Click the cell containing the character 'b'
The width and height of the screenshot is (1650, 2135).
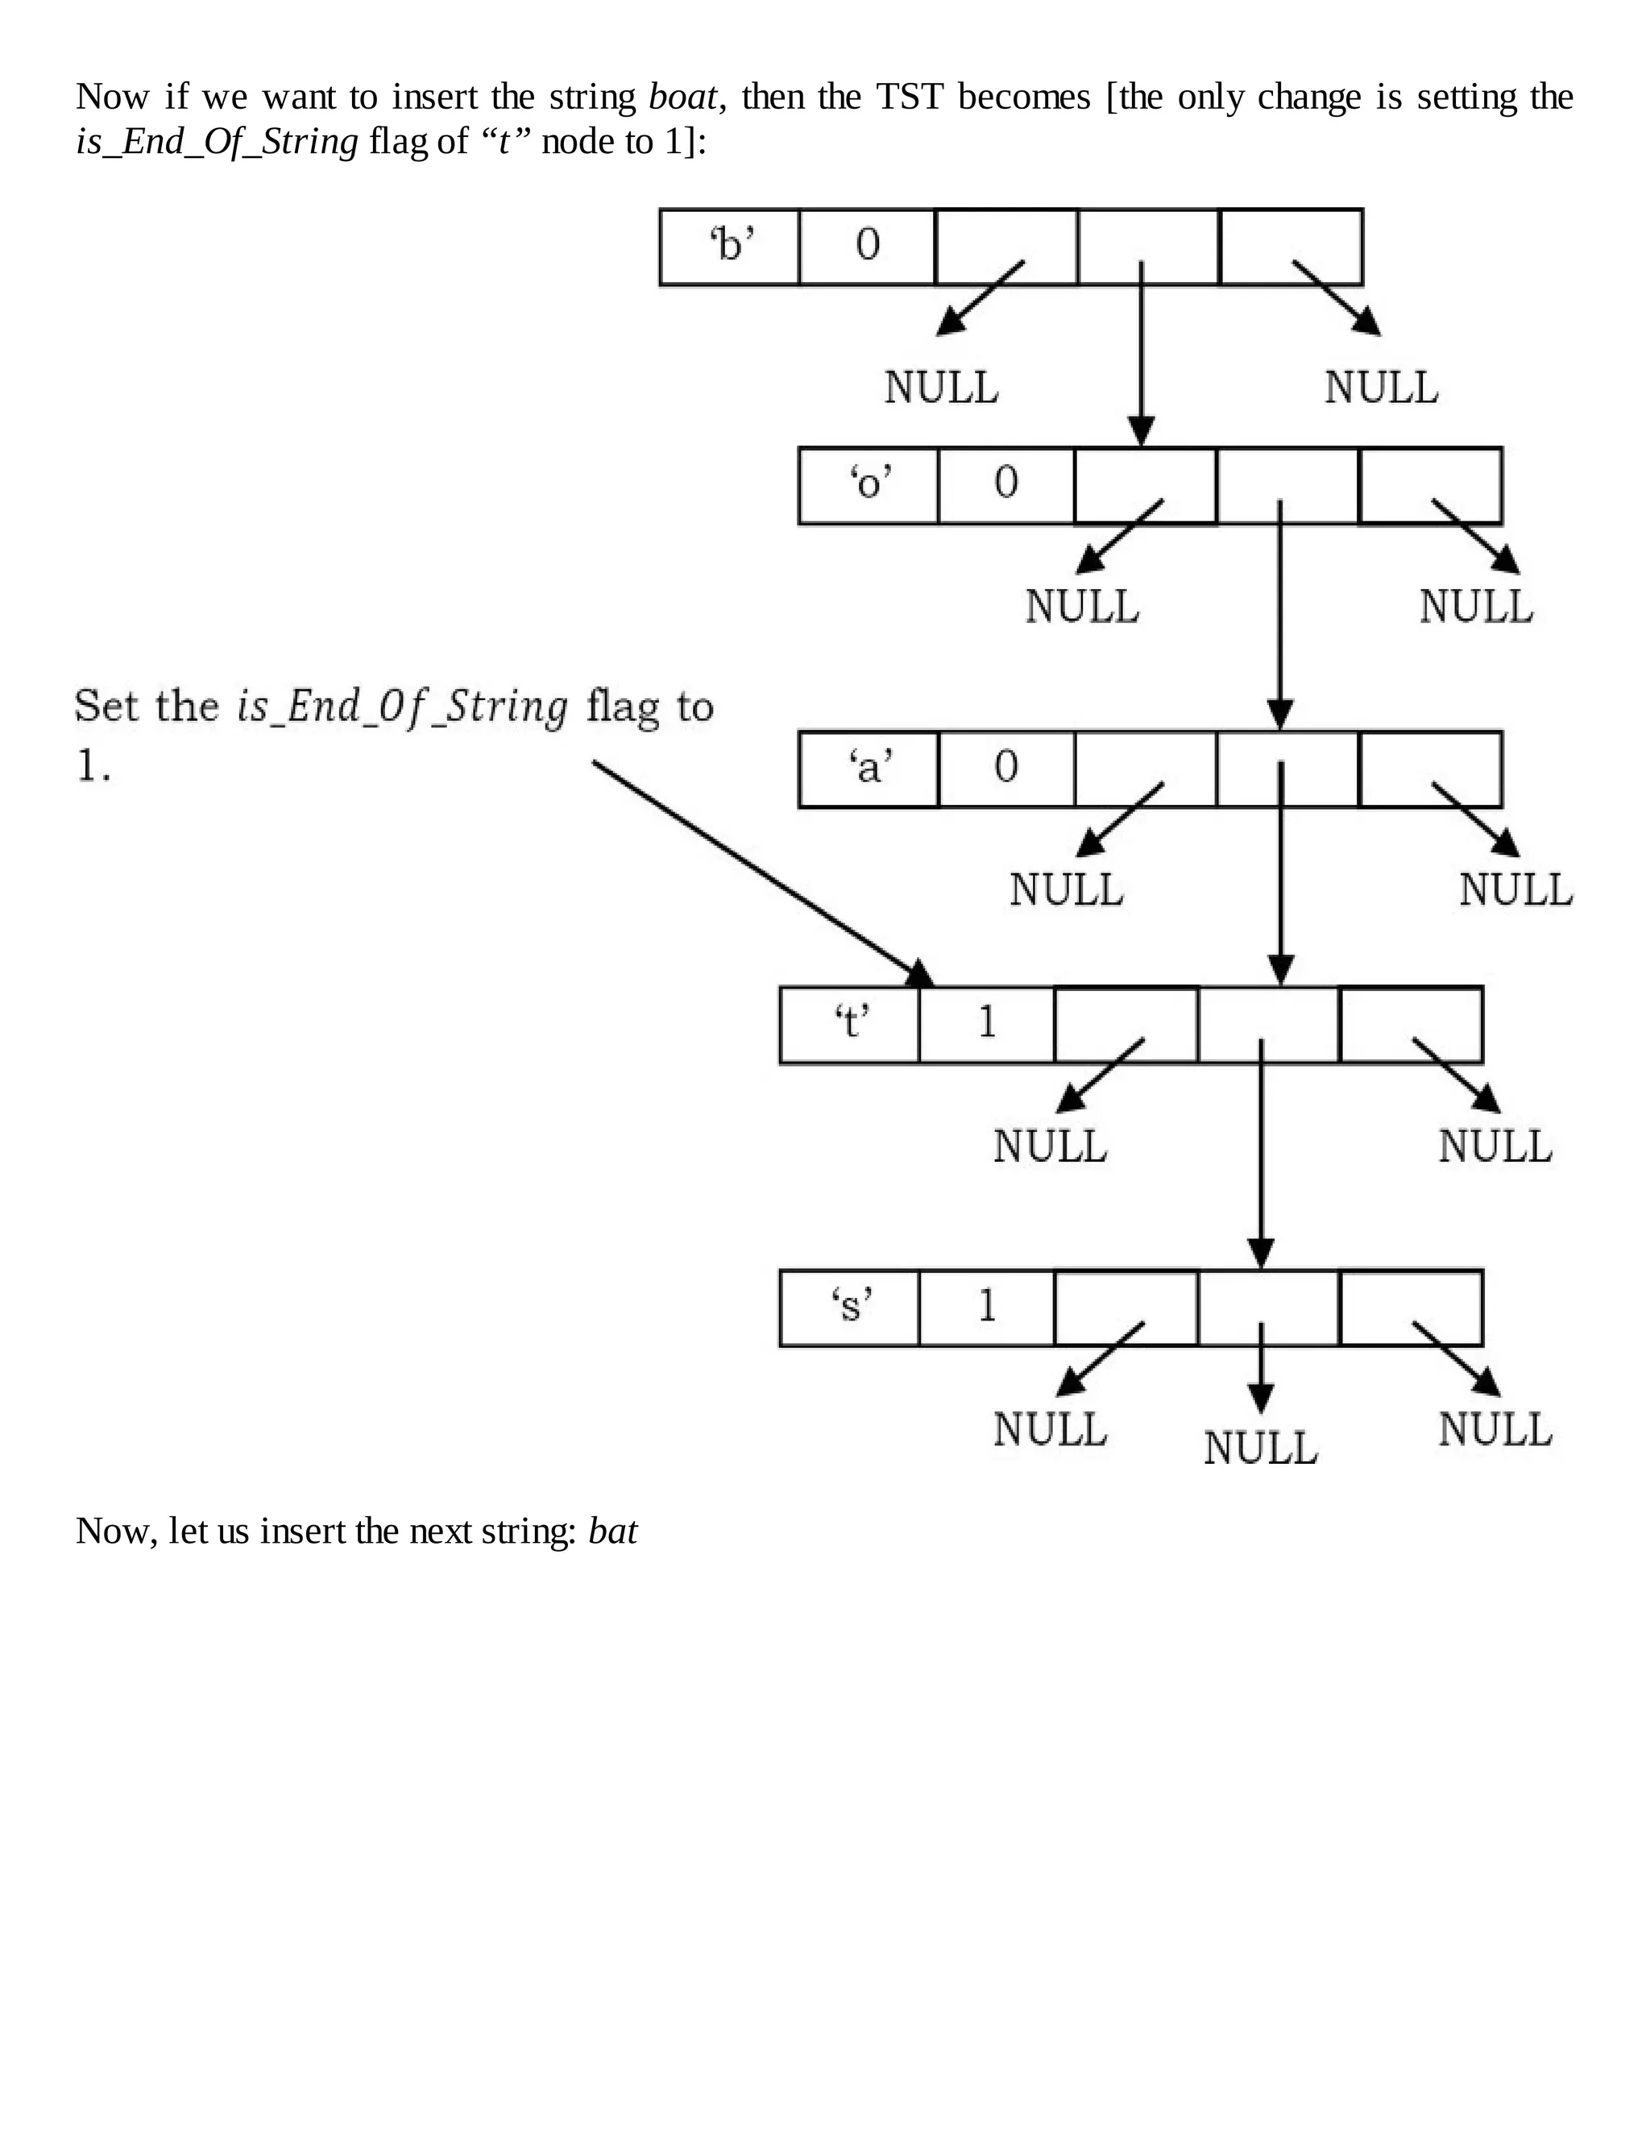tap(730, 247)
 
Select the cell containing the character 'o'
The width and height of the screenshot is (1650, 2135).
tap(868, 485)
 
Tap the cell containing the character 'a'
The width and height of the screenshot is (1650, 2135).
tap(868, 769)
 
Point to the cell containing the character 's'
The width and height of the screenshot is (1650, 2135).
tap(849, 1307)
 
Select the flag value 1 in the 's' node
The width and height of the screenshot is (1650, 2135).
tap(986, 1307)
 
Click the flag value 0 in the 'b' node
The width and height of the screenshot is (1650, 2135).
tap(867, 247)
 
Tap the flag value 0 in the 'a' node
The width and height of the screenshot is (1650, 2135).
tap(1005, 769)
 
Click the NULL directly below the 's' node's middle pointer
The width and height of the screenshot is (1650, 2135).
tap(1260, 1448)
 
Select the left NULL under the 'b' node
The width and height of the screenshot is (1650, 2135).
tap(941, 388)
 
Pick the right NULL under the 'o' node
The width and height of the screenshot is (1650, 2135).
tap(1476, 607)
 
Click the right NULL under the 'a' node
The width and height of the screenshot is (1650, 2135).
tap(1515, 889)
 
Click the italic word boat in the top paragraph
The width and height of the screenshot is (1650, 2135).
tap(682, 97)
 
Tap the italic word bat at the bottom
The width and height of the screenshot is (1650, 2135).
tap(613, 1531)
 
